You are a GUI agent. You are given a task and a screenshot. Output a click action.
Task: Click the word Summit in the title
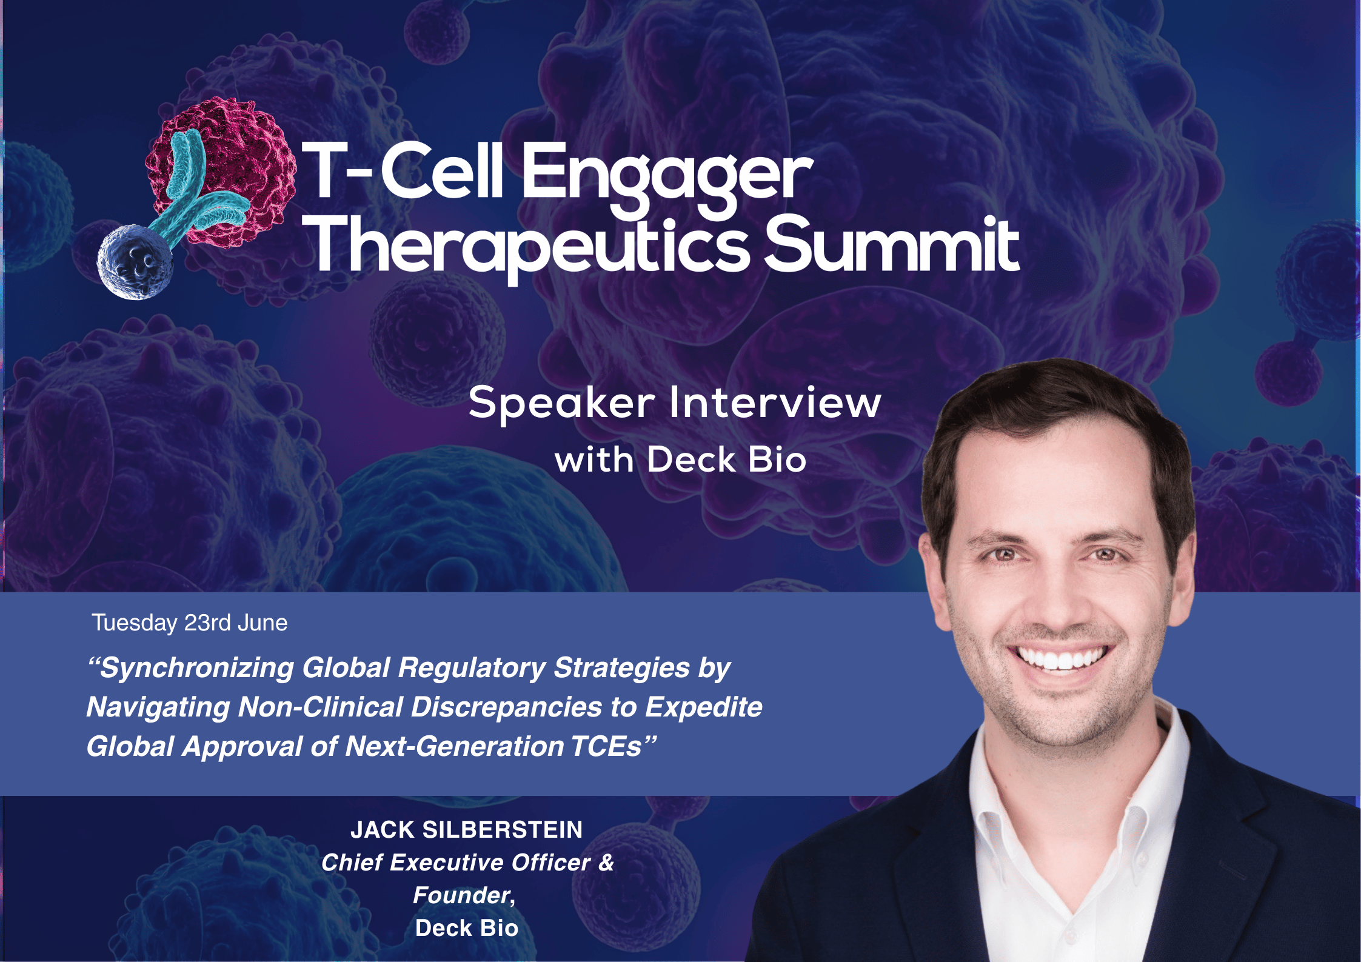[891, 246]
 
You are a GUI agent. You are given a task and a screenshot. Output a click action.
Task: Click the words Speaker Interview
[674, 403]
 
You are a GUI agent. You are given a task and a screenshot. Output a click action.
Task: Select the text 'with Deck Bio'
[680, 459]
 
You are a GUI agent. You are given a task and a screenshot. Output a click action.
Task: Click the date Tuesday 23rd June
[189, 623]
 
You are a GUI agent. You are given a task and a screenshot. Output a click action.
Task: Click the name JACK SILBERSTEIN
[466, 829]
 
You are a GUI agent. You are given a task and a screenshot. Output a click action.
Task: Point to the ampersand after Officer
[606, 863]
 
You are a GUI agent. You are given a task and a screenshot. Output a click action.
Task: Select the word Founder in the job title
[462, 895]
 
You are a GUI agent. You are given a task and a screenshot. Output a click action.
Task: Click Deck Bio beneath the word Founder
[466, 928]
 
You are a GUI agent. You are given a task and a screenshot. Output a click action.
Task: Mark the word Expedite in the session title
[703, 707]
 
